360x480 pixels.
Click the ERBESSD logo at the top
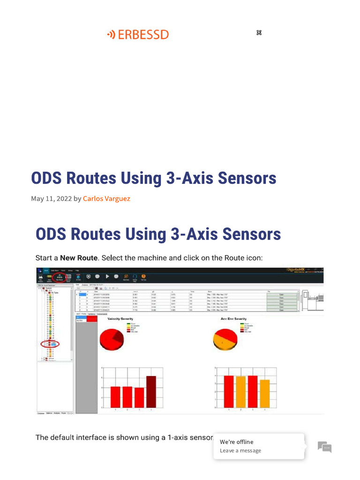138,34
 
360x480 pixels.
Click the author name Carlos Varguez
106,198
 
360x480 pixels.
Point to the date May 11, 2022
52,198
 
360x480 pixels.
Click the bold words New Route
79,258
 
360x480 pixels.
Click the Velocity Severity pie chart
112,339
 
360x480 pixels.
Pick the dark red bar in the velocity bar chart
151,391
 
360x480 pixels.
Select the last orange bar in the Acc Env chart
265,394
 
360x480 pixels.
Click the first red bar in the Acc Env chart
229,391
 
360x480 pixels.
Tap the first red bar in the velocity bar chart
115,397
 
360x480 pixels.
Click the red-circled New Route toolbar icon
59,277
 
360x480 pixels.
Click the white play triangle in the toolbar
107,277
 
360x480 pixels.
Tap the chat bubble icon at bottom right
324,447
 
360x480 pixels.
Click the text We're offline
236,442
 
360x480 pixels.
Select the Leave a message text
240,450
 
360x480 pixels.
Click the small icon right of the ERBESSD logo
259,32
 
